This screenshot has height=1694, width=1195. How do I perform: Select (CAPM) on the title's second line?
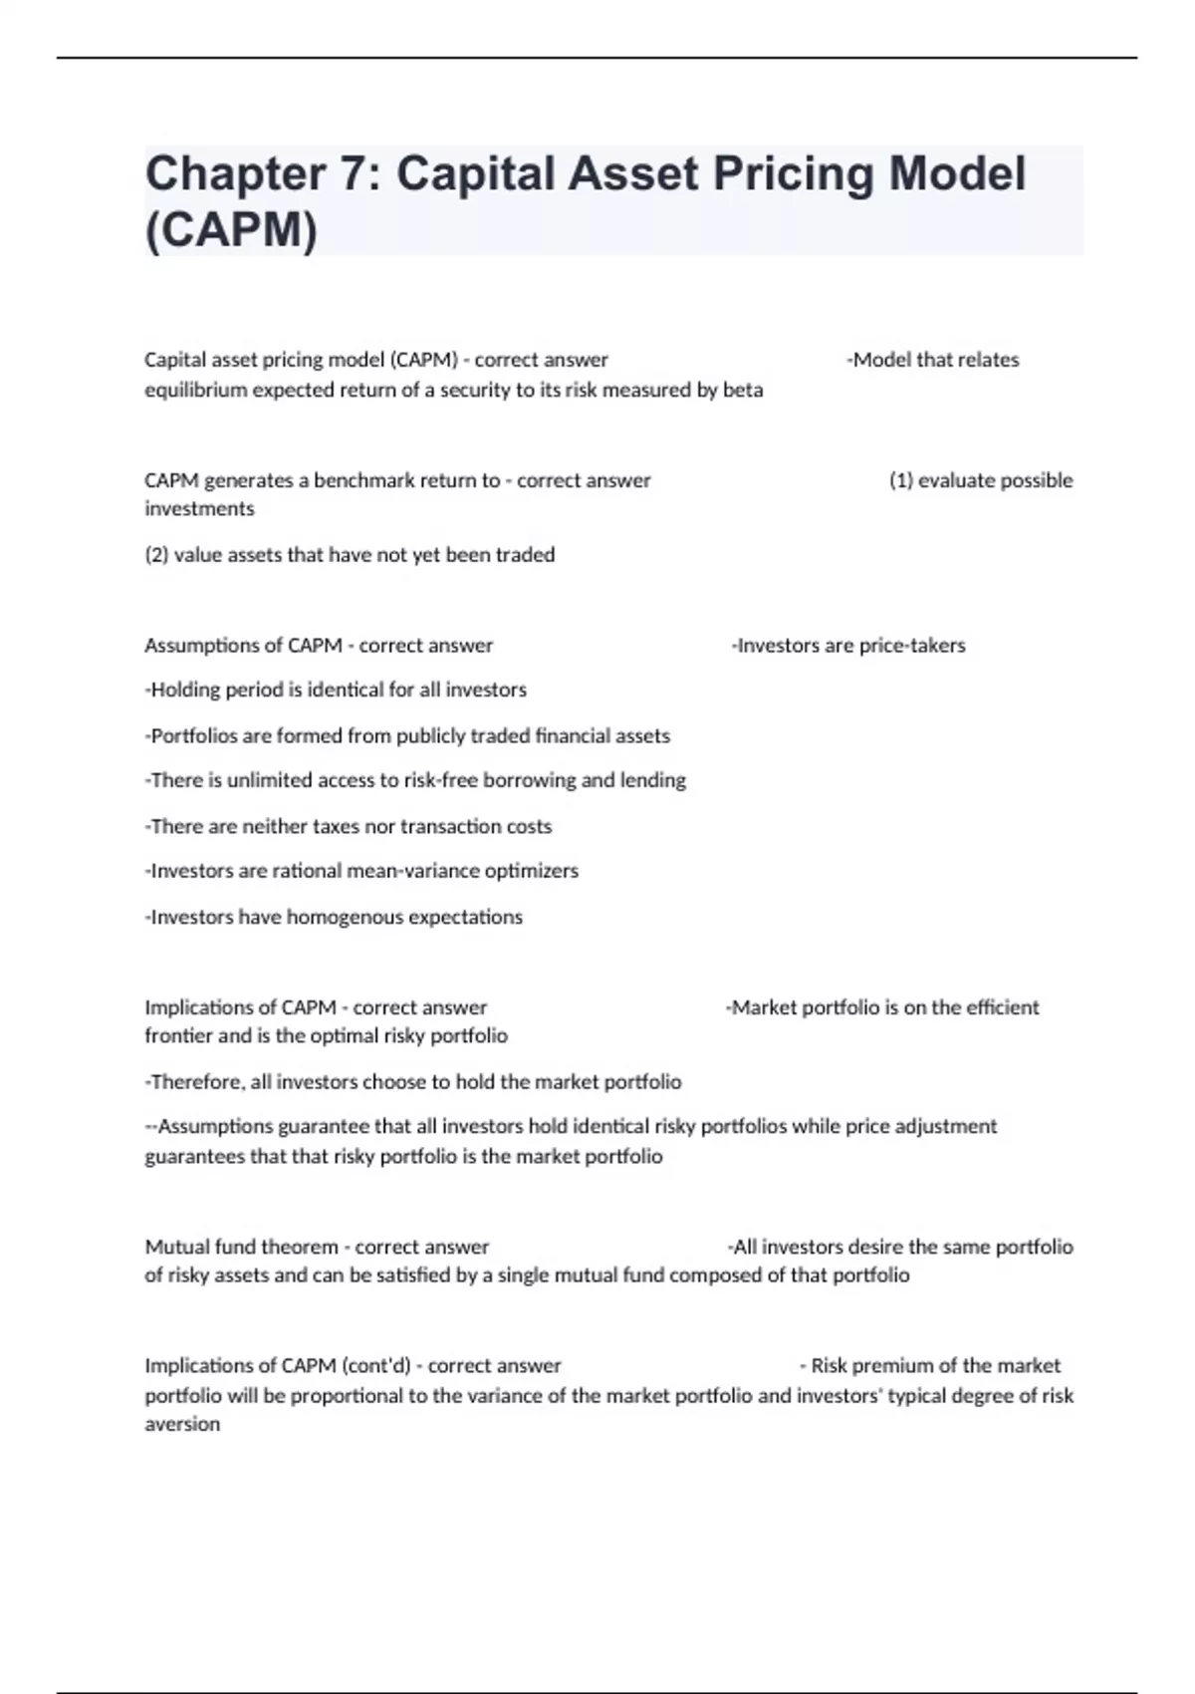point(231,230)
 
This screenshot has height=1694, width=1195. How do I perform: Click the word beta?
point(743,390)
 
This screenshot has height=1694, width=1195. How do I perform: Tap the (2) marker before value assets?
point(156,555)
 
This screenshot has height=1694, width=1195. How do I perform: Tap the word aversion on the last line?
point(182,1425)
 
